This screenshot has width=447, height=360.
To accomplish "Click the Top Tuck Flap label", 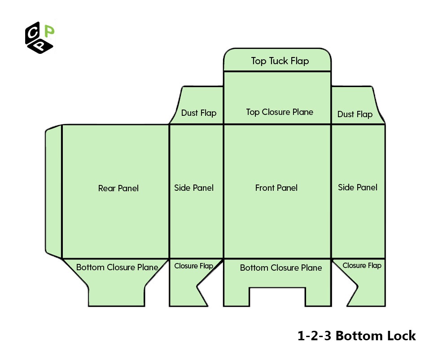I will tap(280, 61).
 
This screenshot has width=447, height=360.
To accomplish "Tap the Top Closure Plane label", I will tap(280, 112).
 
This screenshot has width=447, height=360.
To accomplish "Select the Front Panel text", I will tap(276, 188).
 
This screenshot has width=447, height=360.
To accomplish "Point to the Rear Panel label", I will tap(118, 188).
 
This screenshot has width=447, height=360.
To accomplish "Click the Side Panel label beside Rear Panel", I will tap(194, 188).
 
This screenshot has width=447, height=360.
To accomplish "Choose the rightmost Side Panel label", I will tap(357, 187).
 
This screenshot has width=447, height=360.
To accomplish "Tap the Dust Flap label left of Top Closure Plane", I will tap(199, 113).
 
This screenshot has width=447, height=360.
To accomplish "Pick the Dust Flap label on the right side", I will tap(355, 114).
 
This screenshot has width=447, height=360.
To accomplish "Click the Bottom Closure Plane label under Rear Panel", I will tap(117, 268).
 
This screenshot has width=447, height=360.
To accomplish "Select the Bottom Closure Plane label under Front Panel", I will tap(281, 268).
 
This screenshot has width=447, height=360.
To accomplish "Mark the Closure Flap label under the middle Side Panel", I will tap(193, 266).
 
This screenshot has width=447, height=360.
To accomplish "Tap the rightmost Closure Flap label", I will tap(362, 265).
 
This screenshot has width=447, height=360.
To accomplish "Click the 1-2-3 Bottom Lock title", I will tap(356, 335).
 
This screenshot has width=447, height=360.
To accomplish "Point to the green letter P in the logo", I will tap(50, 31).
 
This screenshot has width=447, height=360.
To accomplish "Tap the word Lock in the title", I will tap(399, 335).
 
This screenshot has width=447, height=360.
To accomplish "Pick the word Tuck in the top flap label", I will tap(279, 61).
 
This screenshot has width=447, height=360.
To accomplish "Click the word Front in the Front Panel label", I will tap(264, 188).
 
